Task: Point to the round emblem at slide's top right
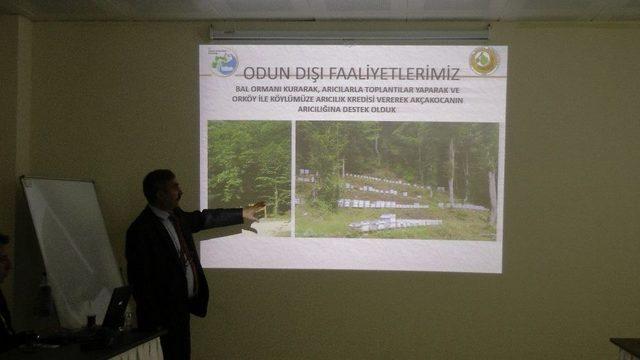point(485,61)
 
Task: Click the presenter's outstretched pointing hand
point(255,210)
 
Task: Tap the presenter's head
point(159,187)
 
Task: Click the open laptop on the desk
point(113,309)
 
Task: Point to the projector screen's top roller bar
point(350,32)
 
